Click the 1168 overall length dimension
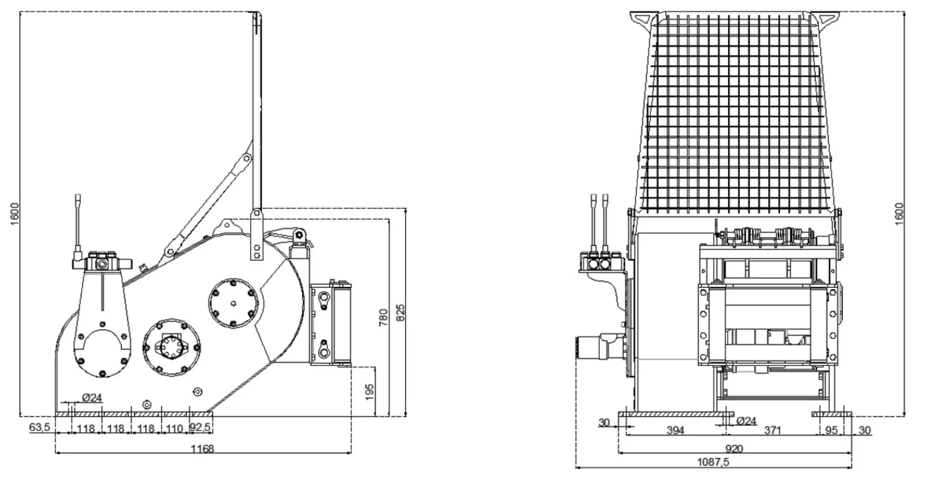click(x=202, y=449)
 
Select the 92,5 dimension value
click(x=200, y=428)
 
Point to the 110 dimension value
click(x=174, y=428)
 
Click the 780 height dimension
click(x=383, y=317)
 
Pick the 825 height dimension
click(x=401, y=312)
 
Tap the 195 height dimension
click(x=369, y=392)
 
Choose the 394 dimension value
click(x=675, y=430)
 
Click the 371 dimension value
click(x=772, y=430)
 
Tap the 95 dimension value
click(x=831, y=430)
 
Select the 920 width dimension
click(x=734, y=449)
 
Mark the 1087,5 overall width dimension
click(x=713, y=462)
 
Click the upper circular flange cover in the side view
click(x=233, y=304)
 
